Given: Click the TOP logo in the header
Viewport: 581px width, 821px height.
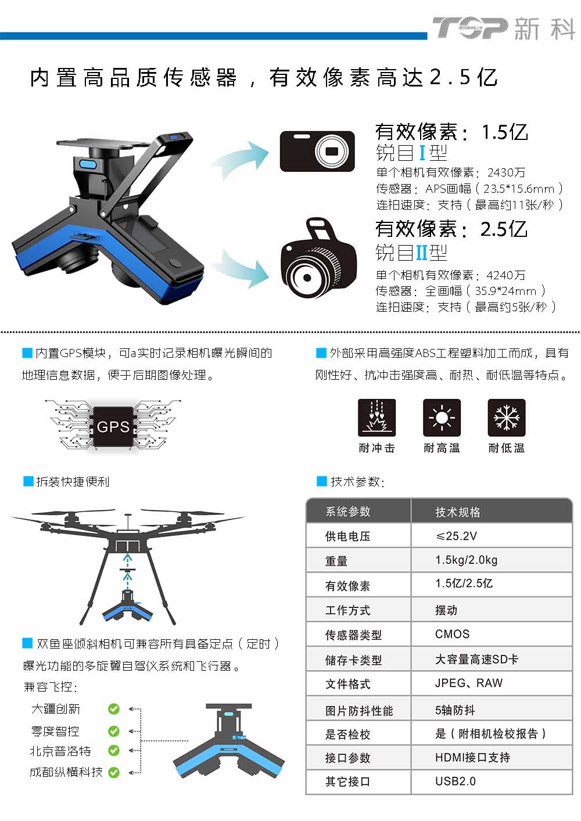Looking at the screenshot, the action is pyautogui.click(x=471, y=28).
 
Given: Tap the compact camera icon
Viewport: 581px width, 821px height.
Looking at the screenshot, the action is pyautogui.click(x=317, y=152).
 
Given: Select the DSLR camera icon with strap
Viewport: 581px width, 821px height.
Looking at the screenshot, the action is pyautogui.click(x=319, y=258).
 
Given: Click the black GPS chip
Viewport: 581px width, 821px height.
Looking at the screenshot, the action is pyautogui.click(x=113, y=427).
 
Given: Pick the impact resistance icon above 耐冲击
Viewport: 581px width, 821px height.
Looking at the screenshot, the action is pyautogui.click(x=376, y=417).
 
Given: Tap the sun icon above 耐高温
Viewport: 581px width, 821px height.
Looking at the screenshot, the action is pyautogui.click(x=442, y=417).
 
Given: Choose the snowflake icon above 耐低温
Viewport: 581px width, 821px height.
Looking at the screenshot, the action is pyautogui.click(x=507, y=417).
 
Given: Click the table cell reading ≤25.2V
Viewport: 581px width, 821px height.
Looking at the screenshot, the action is pyautogui.click(x=456, y=536).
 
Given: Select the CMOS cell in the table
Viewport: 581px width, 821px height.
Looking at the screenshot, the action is pyautogui.click(x=452, y=634).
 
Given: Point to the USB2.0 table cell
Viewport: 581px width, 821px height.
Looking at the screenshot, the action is pyautogui.click(x=455, y=782).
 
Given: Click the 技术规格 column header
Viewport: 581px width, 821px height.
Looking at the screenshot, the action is pyautogui.click(x=458, y=512).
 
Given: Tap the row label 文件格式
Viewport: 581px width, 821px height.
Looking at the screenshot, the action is pyautogui.click(x=347, y=684).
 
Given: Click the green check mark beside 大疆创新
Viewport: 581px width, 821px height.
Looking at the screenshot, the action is pyautogui.click(x=114, y=709).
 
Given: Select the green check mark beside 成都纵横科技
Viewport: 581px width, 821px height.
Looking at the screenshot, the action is pyautogui.click(x=114, y=773).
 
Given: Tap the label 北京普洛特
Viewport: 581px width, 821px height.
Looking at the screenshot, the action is pyautogui.click(x=60, y=751).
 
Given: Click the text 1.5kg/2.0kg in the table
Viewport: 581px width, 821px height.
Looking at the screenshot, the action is pyautogui.click(x=466, y=560).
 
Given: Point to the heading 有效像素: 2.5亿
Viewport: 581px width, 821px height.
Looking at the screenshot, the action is pyautogui.click(x=451, y=229).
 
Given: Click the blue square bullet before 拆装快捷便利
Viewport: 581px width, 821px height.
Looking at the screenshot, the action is pyautogui.click(x=28, y=481).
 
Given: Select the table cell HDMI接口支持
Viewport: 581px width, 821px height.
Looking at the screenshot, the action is pyautogui.click(x=472, y=757).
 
